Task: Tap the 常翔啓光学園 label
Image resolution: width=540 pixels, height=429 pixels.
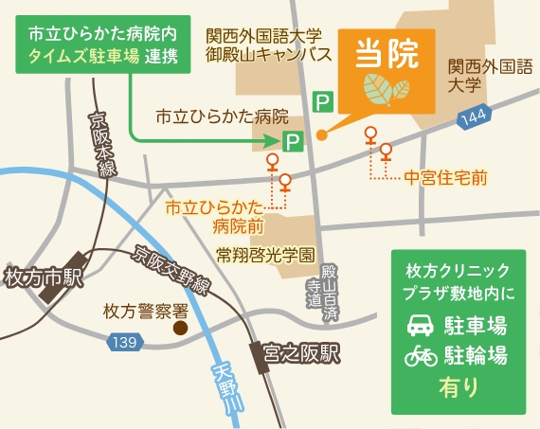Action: [x=264, y=255]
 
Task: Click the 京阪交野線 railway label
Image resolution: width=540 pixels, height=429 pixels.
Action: [x=171, y=271]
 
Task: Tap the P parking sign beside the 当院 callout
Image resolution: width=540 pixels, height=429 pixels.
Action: [x=323, y=99]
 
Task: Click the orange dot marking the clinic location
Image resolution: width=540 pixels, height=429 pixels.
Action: [x=322, y=134]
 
